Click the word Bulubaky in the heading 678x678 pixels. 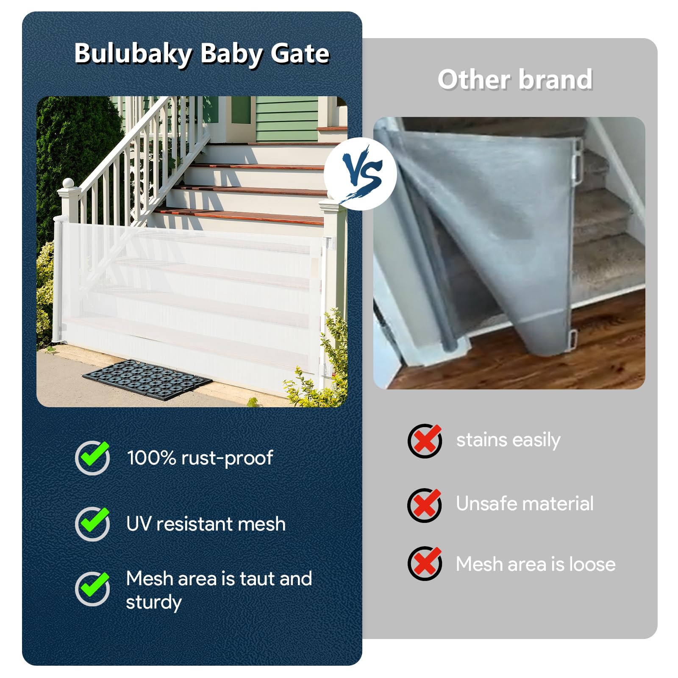tap(133, 54)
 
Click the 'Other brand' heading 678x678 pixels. tap(515, 79)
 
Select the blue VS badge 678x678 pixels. tap(361, 174)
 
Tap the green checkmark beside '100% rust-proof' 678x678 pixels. tap(93, 457)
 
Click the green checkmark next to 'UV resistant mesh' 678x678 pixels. tap(93, 523)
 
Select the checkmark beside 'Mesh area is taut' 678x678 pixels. tap(93, 588)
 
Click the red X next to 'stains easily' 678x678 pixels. tap(425, 440)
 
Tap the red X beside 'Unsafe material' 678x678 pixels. tap(425, 505)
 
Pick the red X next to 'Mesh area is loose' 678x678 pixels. tap(425, 563)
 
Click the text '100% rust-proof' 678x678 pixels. tap(200, 458)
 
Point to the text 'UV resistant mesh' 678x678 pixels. tap(206, 524)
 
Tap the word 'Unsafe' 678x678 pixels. tap(486, 503)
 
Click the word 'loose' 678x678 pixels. tap(592, 564)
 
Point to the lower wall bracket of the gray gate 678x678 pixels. tap(572, 338)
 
